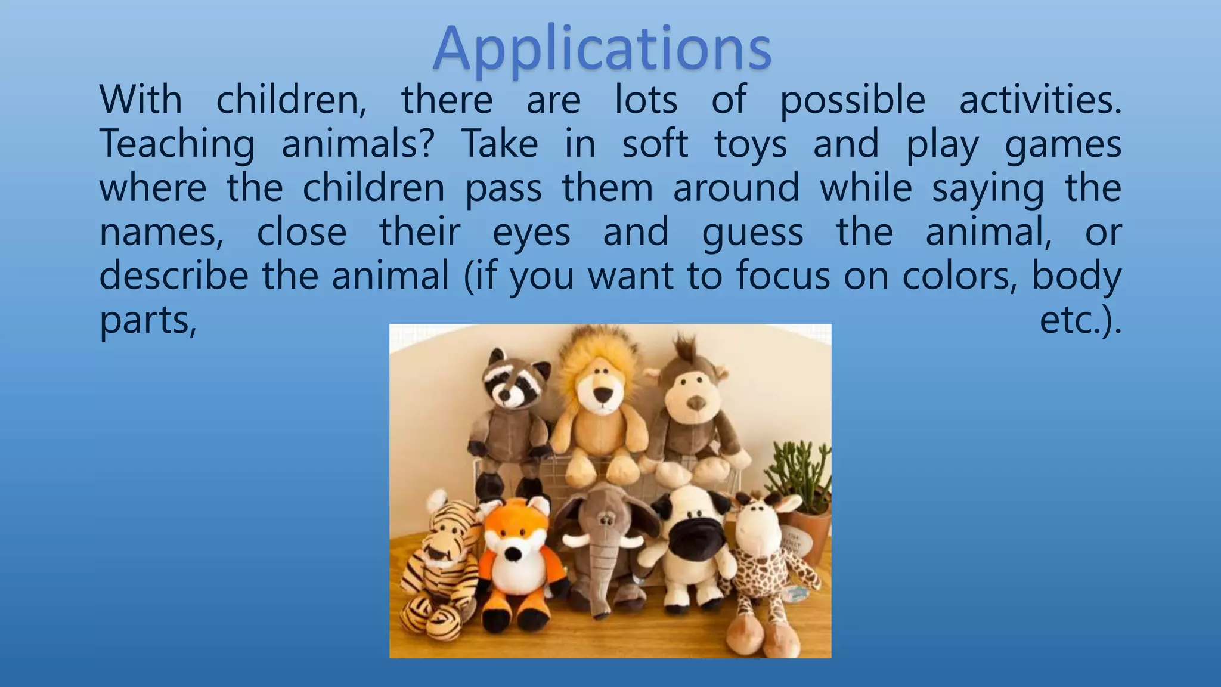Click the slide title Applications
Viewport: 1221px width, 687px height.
pyautogui.click(x=602, y=49)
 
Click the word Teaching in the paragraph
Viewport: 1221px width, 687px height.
pyautogui.click(x=177, y=144)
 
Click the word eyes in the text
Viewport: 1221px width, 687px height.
pyautogui.click(x=531, y=233)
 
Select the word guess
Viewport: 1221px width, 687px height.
pyautogui.click(x=752, y=233)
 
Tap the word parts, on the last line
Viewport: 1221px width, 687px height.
pyautogui.click(x=148, y=321)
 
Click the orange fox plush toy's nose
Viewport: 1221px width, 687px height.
pyautogui.click(x=512, y=554)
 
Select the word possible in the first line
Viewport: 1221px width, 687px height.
pyautogui.click(x=853, y=100)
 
